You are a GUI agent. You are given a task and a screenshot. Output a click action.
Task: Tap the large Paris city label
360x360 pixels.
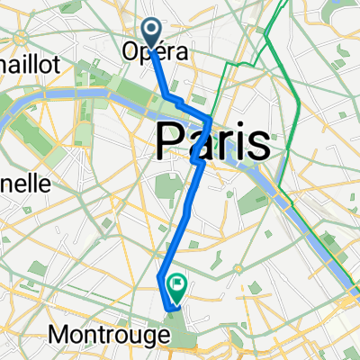coord(214,141)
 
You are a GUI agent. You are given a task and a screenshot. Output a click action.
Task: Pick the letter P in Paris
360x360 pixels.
coord(172,142)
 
